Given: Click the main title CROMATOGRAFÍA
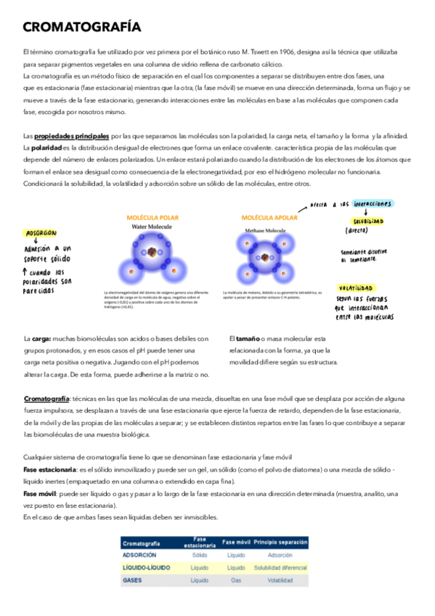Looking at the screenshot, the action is pyautogui.click(x=81, y=28).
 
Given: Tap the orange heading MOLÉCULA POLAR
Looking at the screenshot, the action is pyautogui.click(x=153, y=217).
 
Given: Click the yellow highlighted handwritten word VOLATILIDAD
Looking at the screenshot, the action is pyautogui.click(x=376, y=288).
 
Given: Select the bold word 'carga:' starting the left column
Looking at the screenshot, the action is pyautogui.click(x=41, y=339).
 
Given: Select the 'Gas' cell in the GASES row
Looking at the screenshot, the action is pyautogui.click(x=235, y=580).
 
